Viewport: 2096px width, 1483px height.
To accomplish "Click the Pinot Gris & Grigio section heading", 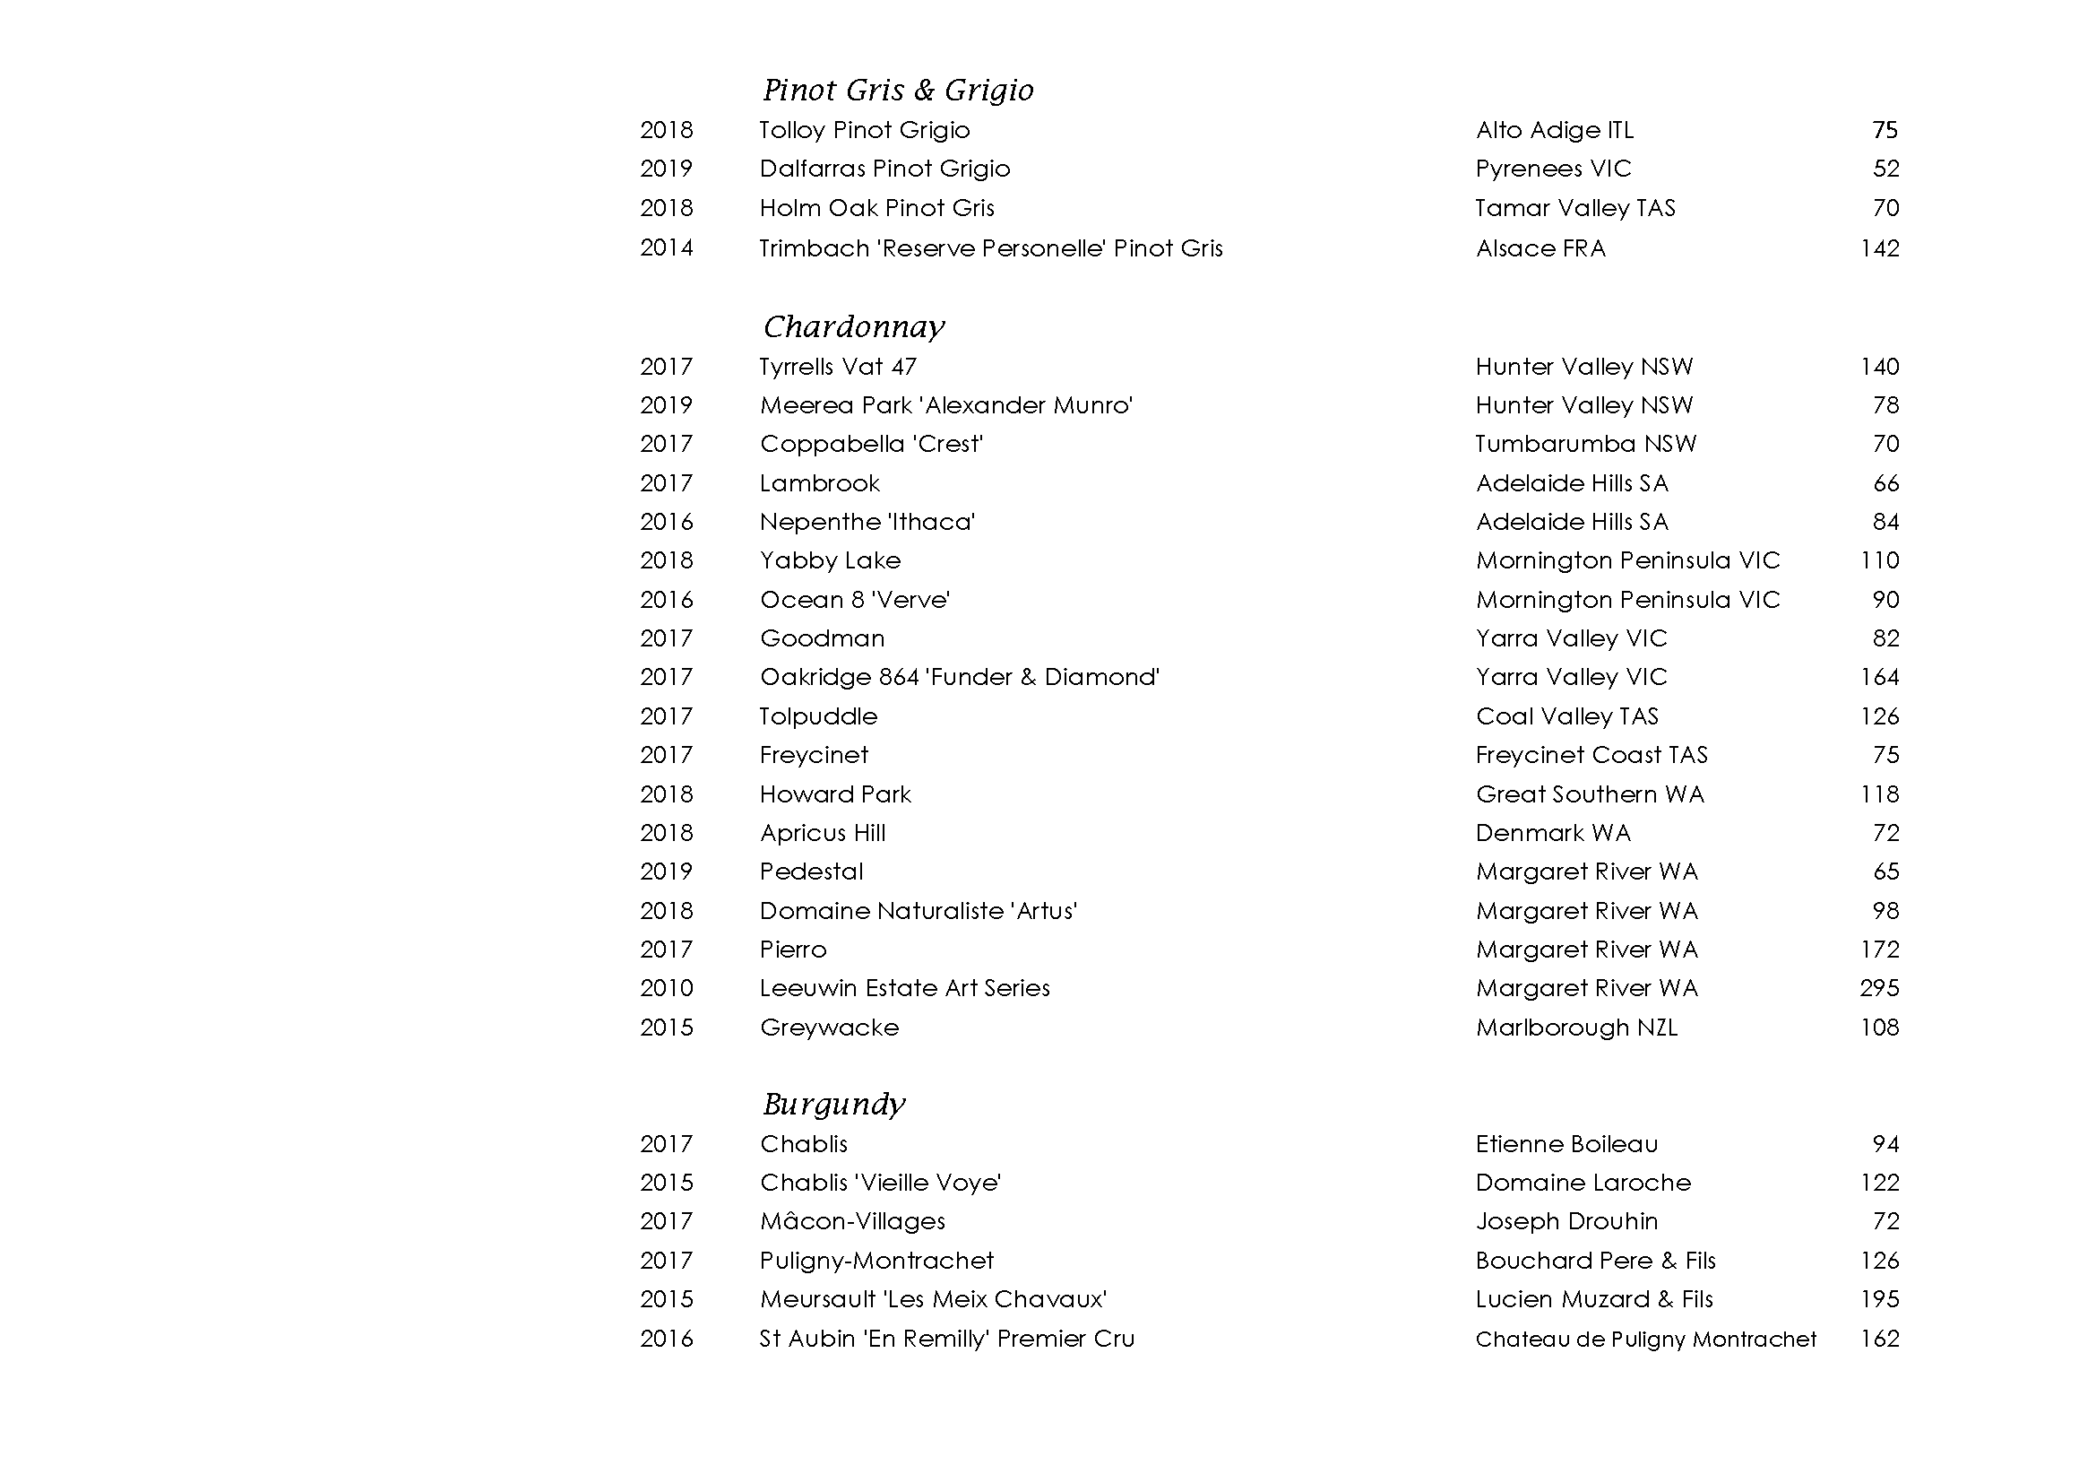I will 898,91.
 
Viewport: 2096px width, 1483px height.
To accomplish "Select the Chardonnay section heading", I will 854,327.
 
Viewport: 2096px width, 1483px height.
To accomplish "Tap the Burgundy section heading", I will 833,1104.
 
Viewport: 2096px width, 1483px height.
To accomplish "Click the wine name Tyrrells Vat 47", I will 837,367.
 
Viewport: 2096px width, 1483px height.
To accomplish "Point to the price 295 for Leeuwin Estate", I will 1879,988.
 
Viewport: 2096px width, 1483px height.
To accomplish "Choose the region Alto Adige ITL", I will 1554,131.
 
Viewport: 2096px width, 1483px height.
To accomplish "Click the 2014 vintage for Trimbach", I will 667,248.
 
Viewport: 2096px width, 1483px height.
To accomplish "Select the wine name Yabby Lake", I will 830,560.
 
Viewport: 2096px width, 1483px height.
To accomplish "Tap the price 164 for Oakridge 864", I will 1879,678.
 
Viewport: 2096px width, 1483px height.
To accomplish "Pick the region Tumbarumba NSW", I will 1586,444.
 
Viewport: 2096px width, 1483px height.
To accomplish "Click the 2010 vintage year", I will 667,988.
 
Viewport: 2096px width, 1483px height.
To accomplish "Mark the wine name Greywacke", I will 829,1028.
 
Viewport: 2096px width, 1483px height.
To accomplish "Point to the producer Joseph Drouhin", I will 1566,1221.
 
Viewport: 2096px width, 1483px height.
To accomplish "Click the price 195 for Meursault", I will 1879,1299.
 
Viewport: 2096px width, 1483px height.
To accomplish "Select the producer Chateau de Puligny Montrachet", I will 1645,1339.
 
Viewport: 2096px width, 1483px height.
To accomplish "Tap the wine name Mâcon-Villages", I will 852,1221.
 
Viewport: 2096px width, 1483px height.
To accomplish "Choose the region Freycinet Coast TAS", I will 1591,755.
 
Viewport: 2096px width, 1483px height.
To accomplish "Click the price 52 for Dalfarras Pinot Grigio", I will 1885,169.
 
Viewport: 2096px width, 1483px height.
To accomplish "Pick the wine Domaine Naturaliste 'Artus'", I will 919,911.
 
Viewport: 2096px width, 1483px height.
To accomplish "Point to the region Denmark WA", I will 1553,833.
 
